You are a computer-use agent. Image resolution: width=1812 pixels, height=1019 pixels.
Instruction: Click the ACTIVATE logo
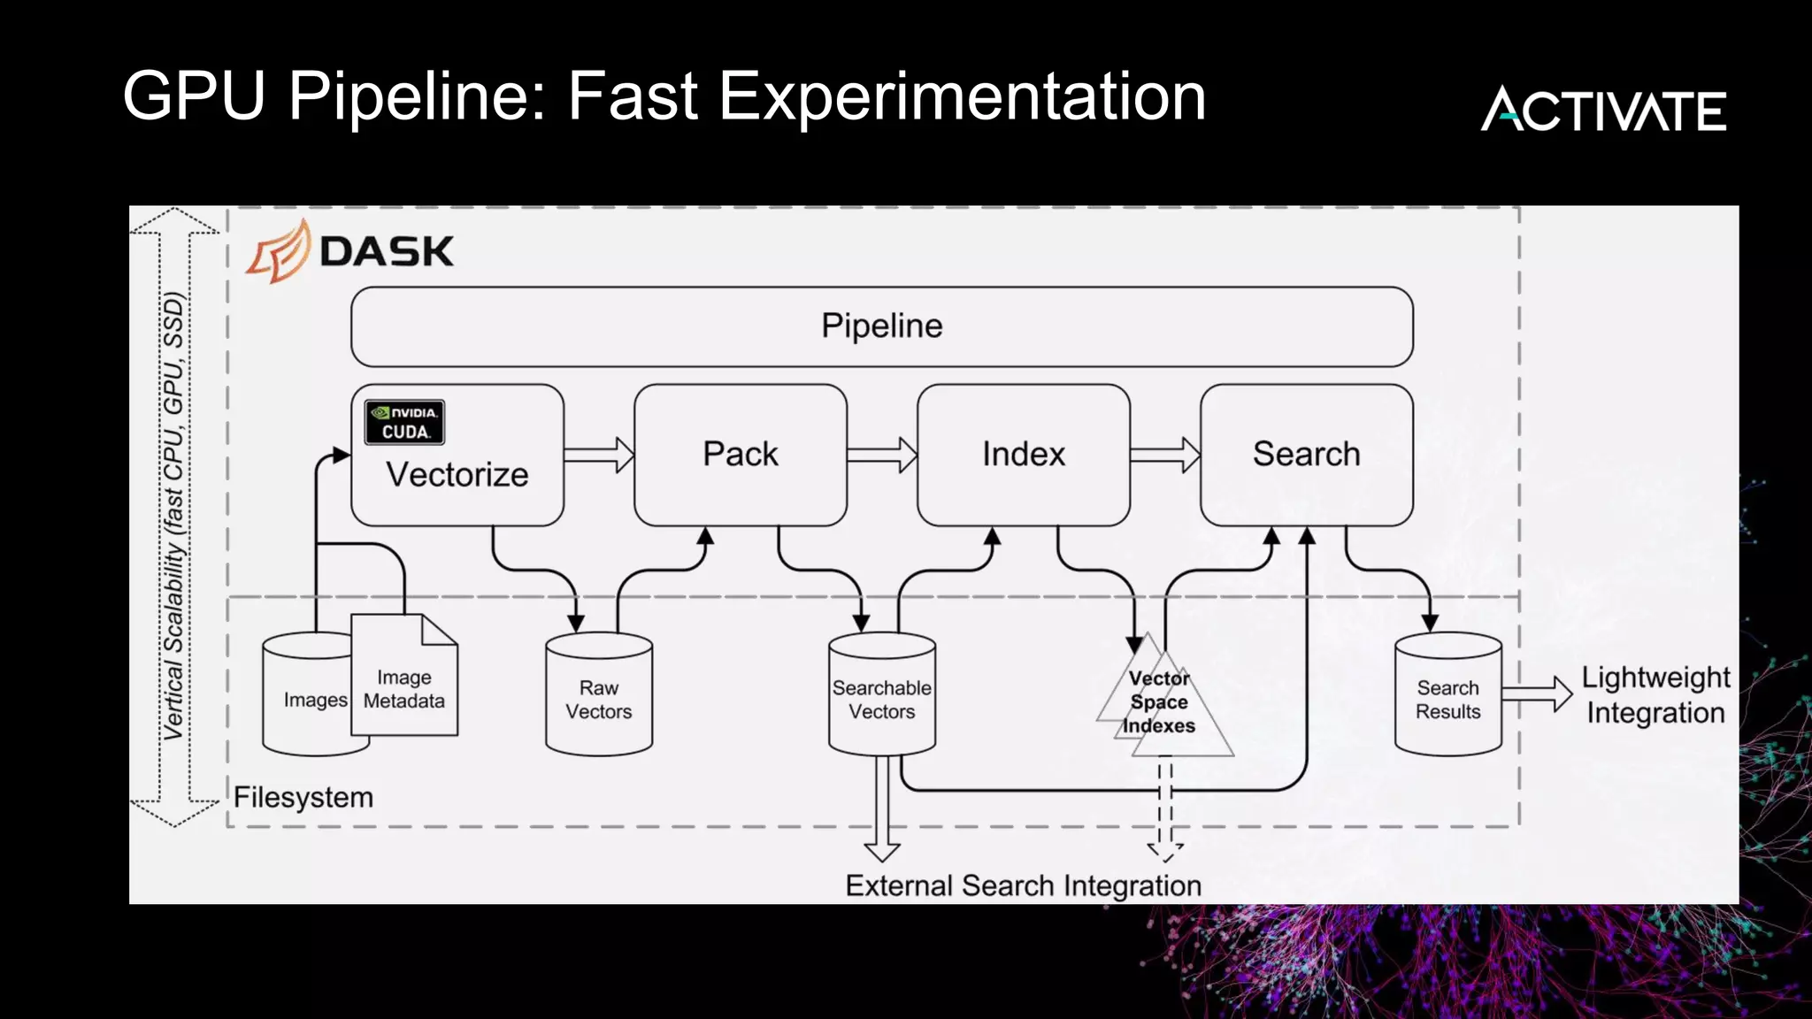click(1603, 110)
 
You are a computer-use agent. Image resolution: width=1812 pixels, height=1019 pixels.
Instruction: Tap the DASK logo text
click(386, 252)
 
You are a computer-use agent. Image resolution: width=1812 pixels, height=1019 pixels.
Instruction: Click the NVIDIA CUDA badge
click(404, 422)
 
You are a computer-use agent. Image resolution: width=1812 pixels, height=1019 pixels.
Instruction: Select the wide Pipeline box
click(881, 326)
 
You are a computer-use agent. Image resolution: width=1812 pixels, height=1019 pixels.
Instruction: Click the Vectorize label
click(457, 475)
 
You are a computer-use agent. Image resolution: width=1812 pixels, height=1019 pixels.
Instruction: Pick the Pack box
click(740, 455)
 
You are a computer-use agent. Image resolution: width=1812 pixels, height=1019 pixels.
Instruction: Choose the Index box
click(1023, 455)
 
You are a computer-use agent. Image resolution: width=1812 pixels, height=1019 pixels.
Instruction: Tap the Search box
click(1306, 455)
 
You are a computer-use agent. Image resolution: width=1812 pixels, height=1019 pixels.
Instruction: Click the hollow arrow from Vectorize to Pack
click(599, 455)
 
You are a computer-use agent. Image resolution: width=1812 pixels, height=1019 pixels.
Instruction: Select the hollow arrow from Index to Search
click(1165, 455)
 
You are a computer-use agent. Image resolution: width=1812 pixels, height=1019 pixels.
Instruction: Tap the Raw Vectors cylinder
click(599, 699)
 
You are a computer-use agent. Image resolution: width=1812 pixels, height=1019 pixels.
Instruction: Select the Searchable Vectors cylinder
click(881, 699)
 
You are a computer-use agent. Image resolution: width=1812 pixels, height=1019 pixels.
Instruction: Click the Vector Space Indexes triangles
click(1161, 702)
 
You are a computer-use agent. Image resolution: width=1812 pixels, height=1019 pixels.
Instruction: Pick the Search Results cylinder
click(1447, 699)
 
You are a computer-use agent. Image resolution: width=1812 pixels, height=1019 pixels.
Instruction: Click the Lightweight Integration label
click(1655, 695)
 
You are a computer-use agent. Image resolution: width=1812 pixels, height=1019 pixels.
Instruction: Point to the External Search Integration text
click(1023, 885)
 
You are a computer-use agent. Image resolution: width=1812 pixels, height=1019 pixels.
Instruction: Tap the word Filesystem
click(303, 797)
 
